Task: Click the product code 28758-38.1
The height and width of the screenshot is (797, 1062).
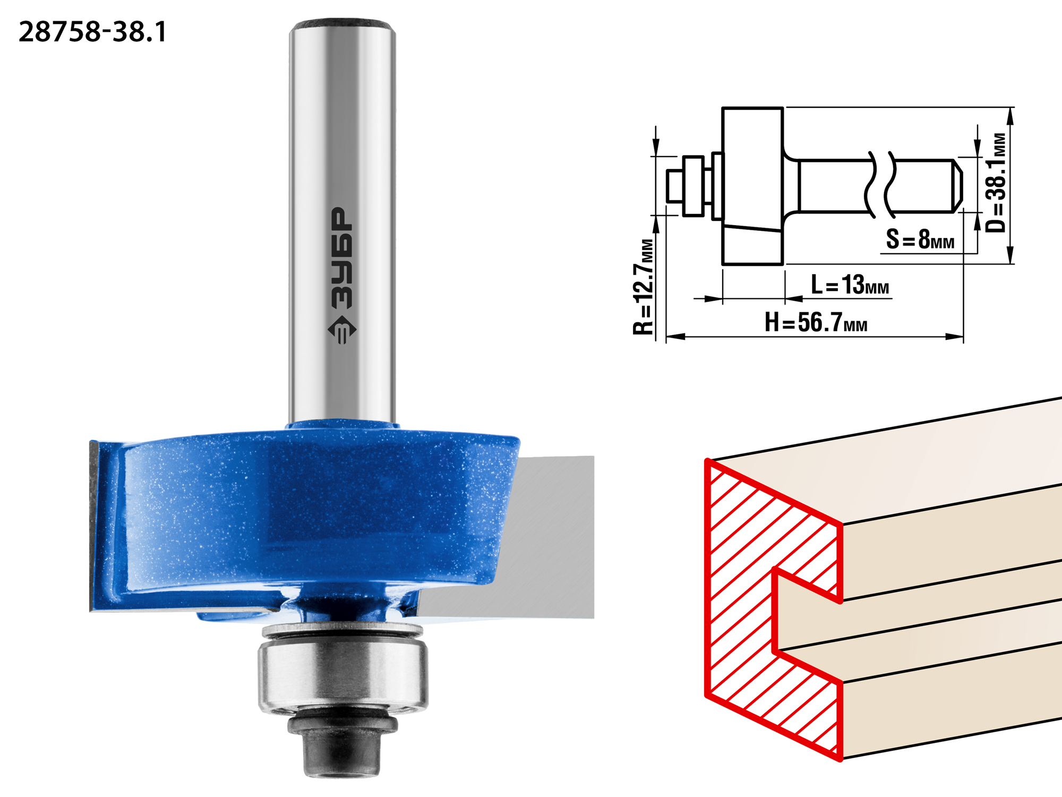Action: coord(92,32)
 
